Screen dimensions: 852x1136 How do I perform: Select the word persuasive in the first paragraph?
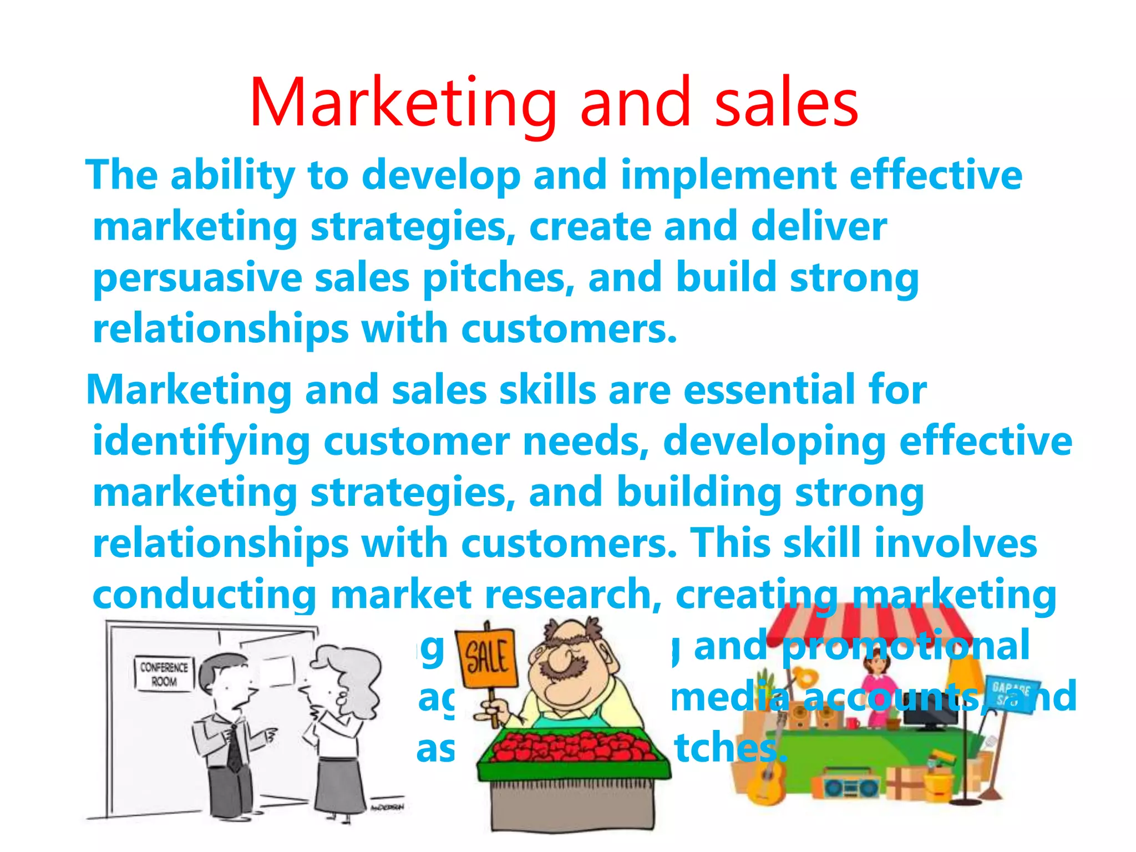(197, 278)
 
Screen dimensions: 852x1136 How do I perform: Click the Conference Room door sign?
(164, 673)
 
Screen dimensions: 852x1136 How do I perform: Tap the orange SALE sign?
(486, 658)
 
